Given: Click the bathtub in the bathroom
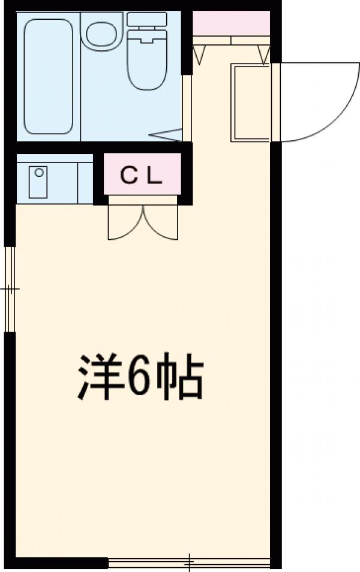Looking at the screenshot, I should tap(49, 76).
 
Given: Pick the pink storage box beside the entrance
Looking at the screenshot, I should tap(231, 23).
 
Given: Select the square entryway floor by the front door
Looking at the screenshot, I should tap(251, 103).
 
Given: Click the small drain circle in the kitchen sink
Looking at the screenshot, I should tap(39, 172).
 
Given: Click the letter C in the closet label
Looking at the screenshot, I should tap(128, 175).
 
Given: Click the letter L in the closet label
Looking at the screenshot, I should tap(154, 175).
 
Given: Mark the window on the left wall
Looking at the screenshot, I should tap(9, 288).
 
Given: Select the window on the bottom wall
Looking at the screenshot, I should tap(189, 563).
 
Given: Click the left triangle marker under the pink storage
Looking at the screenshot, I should tap(200, 55).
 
